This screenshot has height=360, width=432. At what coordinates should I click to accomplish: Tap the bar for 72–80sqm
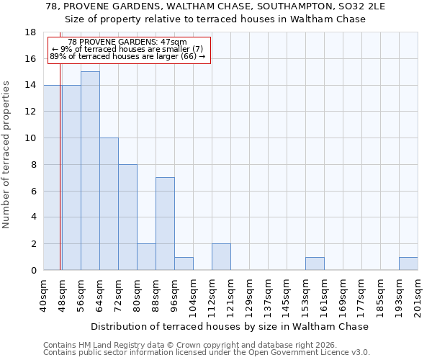coord(127,217)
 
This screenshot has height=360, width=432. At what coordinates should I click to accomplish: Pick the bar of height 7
coord(165,224)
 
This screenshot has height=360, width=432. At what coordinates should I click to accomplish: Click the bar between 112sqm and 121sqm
coord(221,257)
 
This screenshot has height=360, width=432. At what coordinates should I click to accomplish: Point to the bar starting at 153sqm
coord(315,264)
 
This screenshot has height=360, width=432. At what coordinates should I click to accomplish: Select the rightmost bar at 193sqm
coord(408,264)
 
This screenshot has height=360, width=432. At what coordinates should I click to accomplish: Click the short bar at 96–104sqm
coord(184,264)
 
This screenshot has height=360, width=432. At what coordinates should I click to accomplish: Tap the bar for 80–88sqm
coord(146,257)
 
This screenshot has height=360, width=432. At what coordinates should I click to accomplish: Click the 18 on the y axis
coord(31,32)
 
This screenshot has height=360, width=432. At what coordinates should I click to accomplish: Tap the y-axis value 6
coord(34,191)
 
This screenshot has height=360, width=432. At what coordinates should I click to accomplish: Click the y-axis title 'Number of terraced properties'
coord(7,154)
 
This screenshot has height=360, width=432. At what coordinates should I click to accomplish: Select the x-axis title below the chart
coord(230,326)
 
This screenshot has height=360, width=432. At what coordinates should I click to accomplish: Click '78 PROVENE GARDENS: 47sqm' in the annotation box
coord(127,42)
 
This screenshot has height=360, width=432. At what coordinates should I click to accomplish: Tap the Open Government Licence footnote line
coord(207,353)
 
